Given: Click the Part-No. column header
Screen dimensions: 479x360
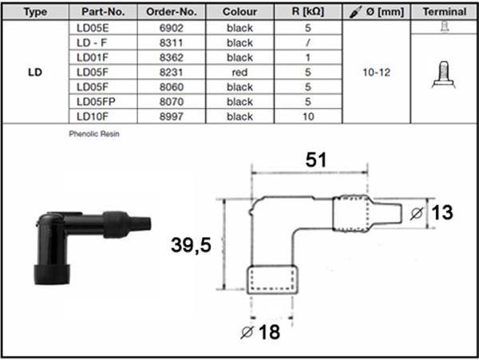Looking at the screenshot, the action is [x=103, y=12].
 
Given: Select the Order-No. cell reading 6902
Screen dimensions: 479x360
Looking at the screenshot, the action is [x=172, y=28].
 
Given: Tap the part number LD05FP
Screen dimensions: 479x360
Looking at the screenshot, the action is [x=96, y=101].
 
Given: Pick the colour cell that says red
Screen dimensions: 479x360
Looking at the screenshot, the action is [x=239, y=73].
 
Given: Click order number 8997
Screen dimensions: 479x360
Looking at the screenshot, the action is [x=172, y=117].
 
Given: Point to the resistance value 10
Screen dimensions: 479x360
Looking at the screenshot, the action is [x=308, y=117].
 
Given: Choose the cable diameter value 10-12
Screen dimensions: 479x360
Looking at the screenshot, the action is [x=377, y=73].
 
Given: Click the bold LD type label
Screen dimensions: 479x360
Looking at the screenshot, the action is [x=35, y=73].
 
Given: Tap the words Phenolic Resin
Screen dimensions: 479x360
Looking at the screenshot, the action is [x=94, y=134].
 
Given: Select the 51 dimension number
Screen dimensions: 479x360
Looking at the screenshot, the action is [x=316, y=160].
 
